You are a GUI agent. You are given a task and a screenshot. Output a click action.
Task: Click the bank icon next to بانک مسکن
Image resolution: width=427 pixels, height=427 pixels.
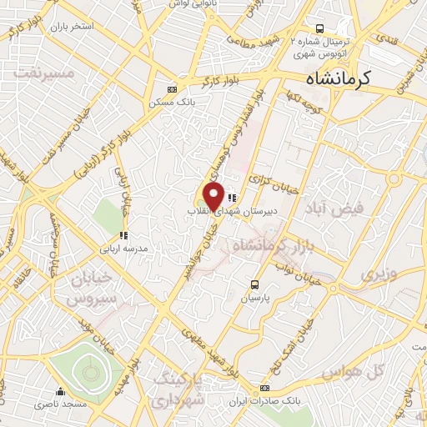click(173, 88)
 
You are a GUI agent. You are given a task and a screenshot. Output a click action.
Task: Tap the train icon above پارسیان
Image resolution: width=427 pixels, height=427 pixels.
click(256, 284)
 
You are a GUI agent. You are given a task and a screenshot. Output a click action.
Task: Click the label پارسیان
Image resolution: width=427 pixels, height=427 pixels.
click(256, 298)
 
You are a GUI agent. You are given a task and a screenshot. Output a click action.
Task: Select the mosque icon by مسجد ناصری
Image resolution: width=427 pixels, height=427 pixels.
click(59, 391)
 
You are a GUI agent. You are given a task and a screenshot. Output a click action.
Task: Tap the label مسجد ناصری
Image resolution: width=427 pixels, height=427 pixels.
click(60, 404)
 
